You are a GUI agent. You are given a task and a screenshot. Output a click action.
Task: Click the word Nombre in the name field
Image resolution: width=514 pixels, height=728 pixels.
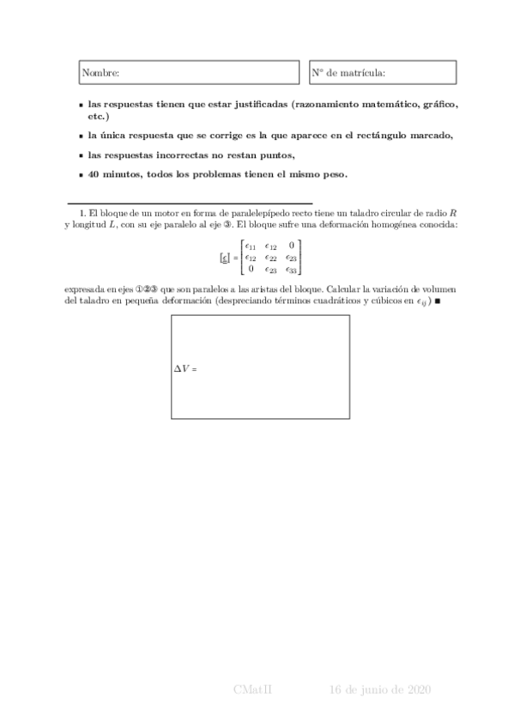coord(100,74)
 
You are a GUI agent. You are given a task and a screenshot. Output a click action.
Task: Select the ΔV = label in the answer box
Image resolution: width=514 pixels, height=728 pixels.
coord(185,368)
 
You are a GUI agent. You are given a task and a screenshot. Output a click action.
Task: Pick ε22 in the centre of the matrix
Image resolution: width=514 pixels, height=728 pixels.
coord(270,257)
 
